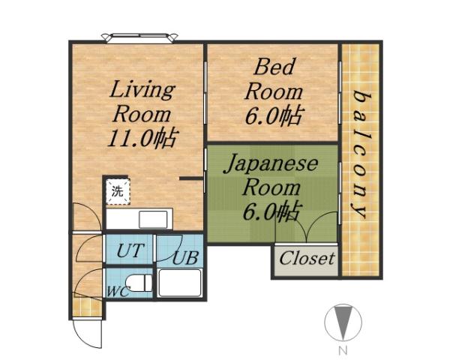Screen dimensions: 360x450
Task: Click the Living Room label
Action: point(142,103)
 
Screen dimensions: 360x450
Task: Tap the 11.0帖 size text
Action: point(142,139)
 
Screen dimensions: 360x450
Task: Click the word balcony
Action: point(362,154)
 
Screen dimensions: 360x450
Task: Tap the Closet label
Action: point(306,259)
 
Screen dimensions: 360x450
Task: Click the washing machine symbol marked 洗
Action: point(117,190)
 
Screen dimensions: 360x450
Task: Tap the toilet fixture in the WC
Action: point(138,284)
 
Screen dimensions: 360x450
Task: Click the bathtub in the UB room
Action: point(179,283)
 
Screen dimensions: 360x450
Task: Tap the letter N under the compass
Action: point(341,350)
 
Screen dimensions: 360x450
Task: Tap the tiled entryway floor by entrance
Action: point(87,306)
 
